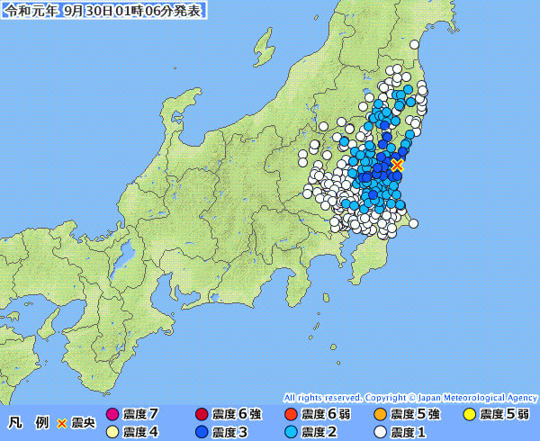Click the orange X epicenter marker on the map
point(397,165)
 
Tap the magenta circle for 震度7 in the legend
point(112,415)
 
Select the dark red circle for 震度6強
point(202,415)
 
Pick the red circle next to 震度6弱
point(291,415)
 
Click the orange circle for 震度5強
point(380,415)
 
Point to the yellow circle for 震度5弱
point(469,415)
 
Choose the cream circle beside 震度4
point(112,432)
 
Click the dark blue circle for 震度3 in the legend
point(202,432)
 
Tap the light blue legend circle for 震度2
point(291,432)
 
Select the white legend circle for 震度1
point(380,432)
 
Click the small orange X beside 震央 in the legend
point(62,423)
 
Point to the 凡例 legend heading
point(29,422)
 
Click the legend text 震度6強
point(237,415)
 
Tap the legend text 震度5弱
point(504,415)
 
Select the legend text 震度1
point(409,432)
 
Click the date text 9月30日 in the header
point(87,10)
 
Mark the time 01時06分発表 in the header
point(161,10)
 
